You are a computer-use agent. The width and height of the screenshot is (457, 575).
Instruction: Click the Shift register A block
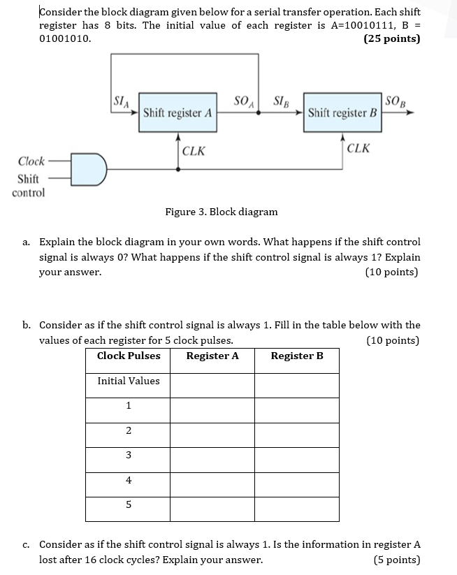click(177, 112)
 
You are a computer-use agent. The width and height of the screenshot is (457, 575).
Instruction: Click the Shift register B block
click(342, 112)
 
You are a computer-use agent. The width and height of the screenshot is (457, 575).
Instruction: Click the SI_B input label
click(284, 102)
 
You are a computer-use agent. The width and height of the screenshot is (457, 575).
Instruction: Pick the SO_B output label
click(395, 102)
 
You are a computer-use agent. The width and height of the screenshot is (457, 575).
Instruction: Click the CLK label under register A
click(194, 150)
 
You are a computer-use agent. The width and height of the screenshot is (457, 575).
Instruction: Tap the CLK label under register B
click(358, 148)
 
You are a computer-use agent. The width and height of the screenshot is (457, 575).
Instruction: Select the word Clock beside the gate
click(31, 161)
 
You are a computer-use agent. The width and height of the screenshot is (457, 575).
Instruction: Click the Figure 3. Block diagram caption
click(221, 212)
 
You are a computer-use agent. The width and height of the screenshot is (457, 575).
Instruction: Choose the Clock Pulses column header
click(129, 356)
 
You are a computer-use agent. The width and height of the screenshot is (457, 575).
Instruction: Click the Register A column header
click(212, 356)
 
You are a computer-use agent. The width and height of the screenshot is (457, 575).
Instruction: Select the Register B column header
click(297, 356)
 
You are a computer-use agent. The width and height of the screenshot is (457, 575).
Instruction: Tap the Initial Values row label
click(129, 381)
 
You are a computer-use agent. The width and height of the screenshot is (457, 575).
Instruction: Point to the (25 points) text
click(392, 38)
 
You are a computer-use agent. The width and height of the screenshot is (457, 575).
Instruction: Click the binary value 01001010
click(64, 38)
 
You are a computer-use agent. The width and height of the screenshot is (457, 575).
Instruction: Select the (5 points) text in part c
click(397, 560)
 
